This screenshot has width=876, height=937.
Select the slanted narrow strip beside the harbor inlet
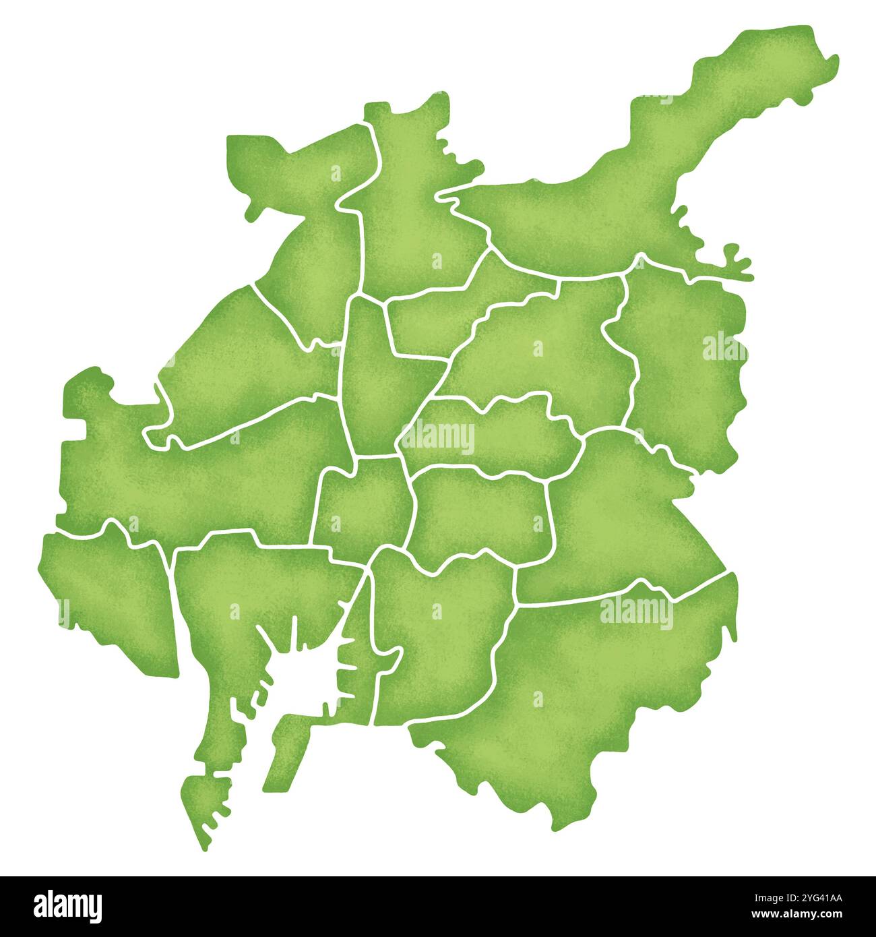(x=286, y=748)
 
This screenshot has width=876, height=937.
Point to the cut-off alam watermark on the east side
(x=724, y=347)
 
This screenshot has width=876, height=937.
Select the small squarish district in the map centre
(x=364, y=502)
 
